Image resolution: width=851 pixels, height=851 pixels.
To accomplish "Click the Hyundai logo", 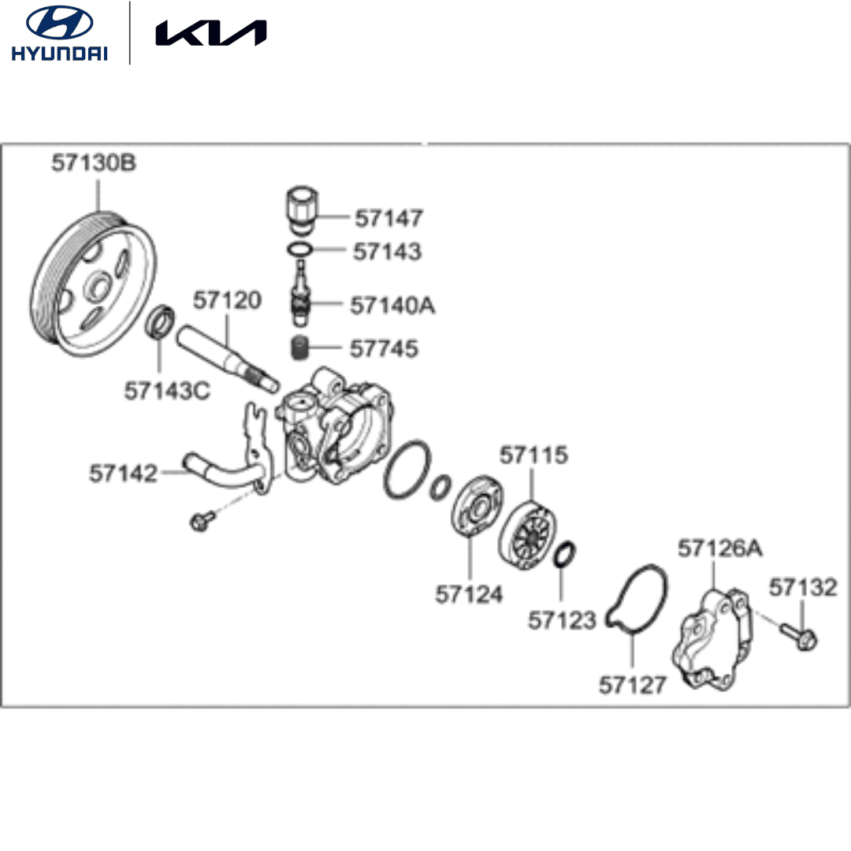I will coord(59,32).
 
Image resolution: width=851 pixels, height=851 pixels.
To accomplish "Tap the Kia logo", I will coord(210,33).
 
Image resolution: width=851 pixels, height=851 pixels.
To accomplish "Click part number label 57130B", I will coord(94,164).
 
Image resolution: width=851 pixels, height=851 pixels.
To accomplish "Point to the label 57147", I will coord(388,217).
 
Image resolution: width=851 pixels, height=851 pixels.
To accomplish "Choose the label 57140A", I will coord(392,305).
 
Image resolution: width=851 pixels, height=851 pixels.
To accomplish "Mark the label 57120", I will coord(227,300).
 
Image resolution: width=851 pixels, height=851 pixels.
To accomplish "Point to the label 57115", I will coord(533,455).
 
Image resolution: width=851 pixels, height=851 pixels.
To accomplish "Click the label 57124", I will coord(469,594).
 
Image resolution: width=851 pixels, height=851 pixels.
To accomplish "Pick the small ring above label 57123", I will coord(563,554).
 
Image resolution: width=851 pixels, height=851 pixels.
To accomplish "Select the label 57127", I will coord(633,685).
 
